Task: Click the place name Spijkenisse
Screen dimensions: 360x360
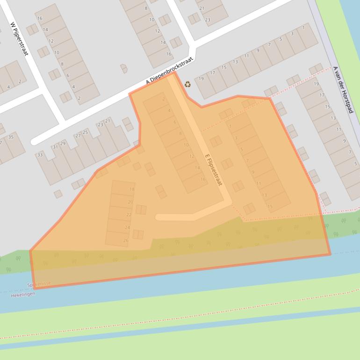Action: (x=39, y=284)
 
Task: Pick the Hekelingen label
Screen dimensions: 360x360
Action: (x=23, y=295)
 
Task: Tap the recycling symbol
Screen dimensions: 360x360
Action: (x=187, y=84)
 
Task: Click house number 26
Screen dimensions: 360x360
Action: (x=126, y=240)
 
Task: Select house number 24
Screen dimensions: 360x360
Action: (x=127, y=227)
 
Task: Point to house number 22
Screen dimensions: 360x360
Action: (x=129, y=215)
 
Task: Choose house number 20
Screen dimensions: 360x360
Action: (x=130, y=202)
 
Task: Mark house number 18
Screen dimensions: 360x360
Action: (x=132, y=189)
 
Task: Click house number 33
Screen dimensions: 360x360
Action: (x=40, y=155)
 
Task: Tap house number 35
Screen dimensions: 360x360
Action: (x=11, y=137)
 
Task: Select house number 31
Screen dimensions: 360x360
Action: (x=55, y=147)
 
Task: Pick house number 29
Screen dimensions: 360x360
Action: (x=63, y=143)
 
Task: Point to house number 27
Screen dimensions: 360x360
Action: (x=78, y=136)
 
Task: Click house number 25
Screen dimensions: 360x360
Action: (x=85, y=132)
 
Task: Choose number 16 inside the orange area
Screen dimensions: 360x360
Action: (x=203, y=179)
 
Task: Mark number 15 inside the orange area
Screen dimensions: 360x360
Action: (x=270, y=206)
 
